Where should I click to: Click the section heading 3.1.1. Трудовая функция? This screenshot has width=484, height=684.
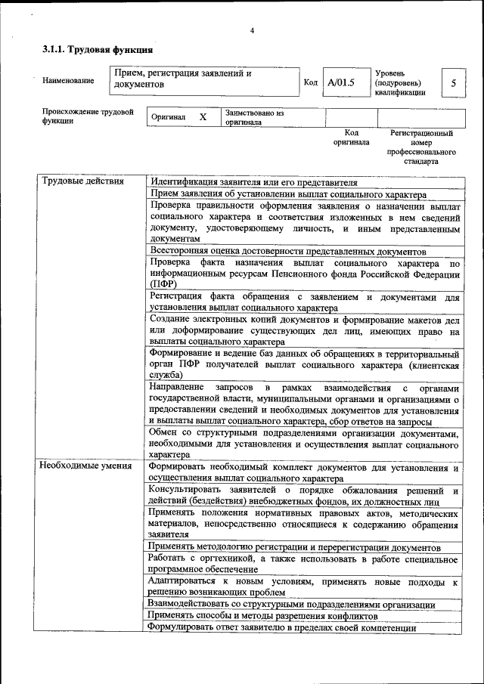(x=98, y=51)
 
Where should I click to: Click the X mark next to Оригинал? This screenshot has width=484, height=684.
(x=203, y=118)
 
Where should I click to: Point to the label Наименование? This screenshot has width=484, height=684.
(x=69, y=80)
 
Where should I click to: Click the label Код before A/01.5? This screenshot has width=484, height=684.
(x=310, y=82)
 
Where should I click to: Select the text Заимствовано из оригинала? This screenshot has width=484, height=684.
(x=254, y=117)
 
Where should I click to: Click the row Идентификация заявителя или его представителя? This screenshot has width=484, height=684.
(x=253, y=182)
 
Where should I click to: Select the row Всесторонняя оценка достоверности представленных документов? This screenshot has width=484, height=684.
(x=289, y=251)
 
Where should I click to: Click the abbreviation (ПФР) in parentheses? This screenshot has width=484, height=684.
(x=163, y=283)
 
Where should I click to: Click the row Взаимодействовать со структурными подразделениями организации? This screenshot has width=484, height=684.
(x=291, y=605)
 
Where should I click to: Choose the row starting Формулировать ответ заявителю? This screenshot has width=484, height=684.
(x=282, y=627)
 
